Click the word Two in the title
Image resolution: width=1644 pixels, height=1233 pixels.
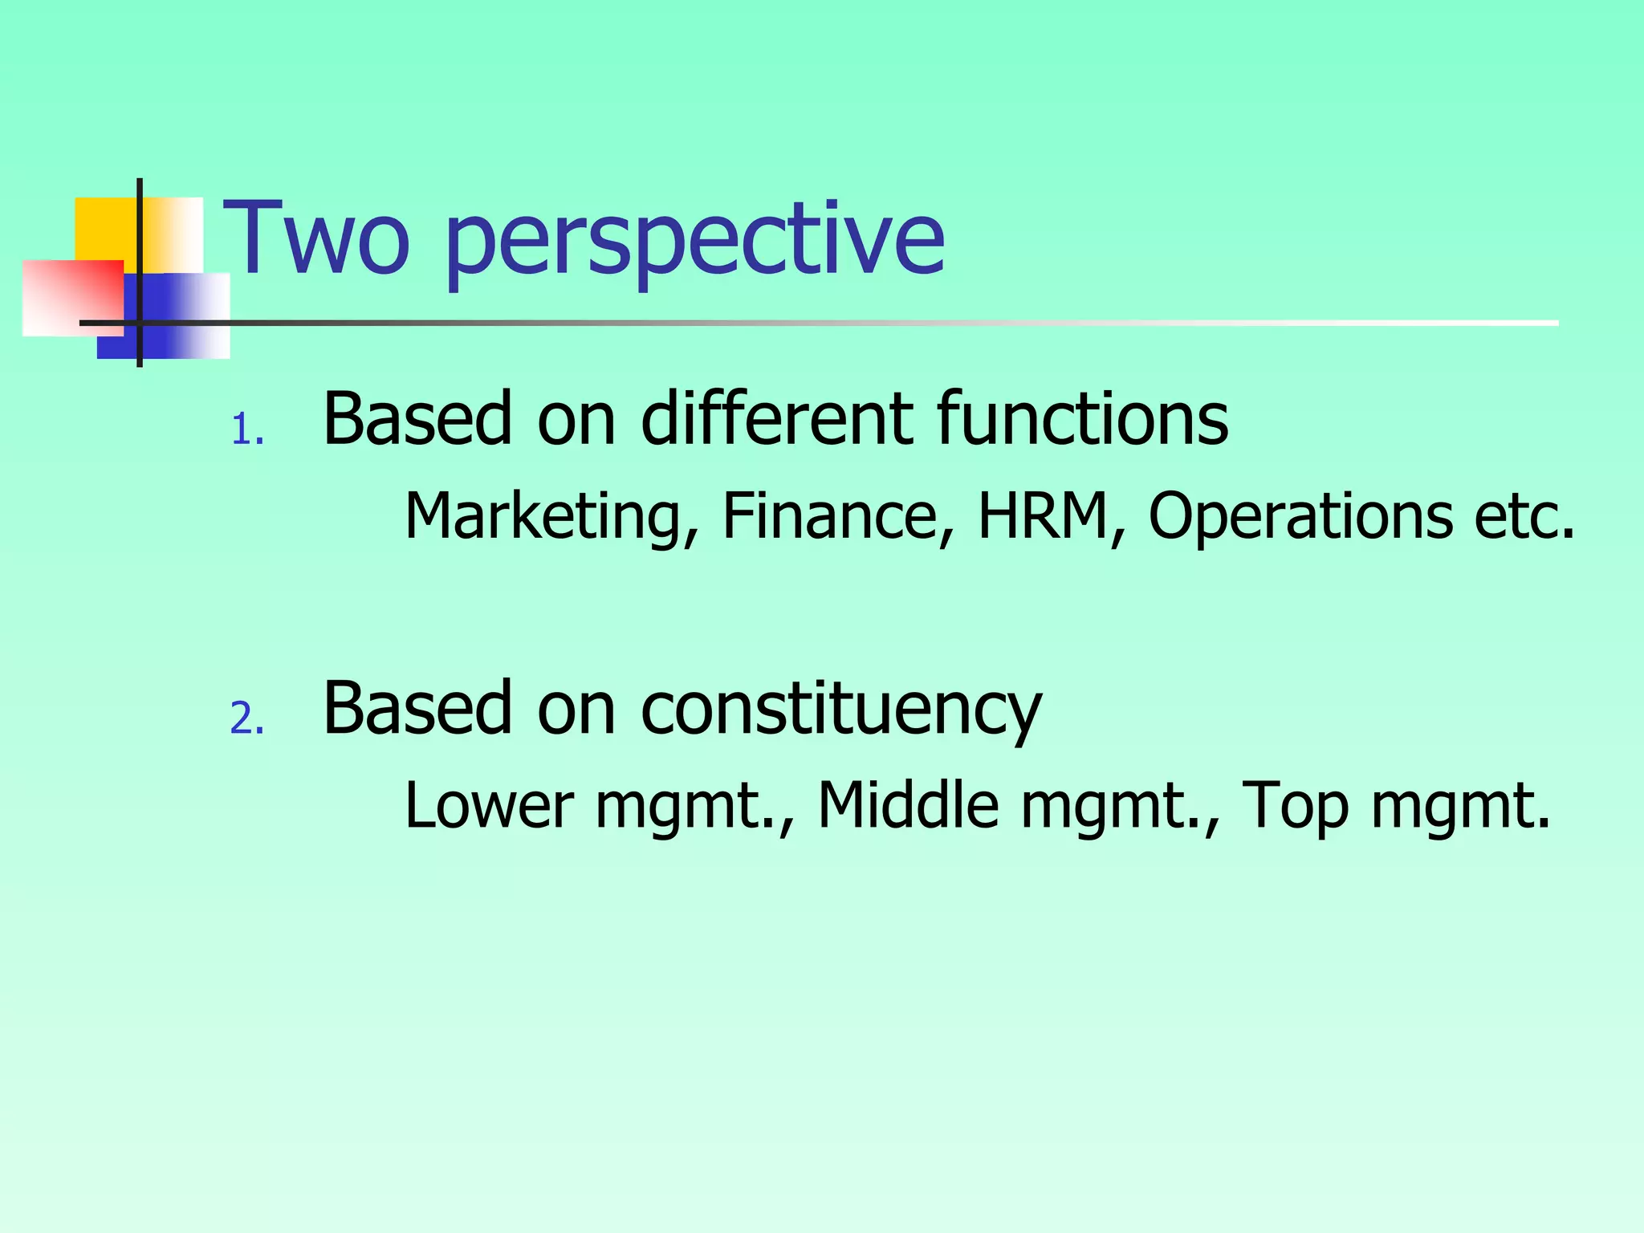[x=316, y=238]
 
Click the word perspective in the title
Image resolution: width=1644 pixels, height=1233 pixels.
[x=695, y=241]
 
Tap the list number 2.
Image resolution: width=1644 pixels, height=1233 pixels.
[x=246, y=718]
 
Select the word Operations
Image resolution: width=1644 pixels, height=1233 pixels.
[x=1300, y=515]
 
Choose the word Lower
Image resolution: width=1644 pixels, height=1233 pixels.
[x=490, y=804]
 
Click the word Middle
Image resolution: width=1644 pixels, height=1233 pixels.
[x=909, y=804]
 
